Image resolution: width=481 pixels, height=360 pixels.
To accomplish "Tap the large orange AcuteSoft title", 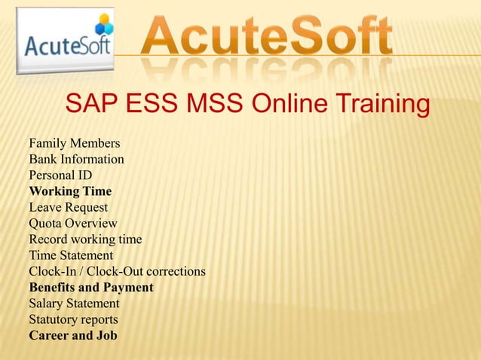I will [268, 33].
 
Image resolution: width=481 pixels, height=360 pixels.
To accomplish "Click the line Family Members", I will [74, 143].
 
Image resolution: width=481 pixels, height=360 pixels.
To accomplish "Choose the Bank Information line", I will [76, 159].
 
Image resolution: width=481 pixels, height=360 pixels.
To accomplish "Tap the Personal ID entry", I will [60, 175].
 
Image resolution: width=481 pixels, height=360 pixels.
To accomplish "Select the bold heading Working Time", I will [70, 191].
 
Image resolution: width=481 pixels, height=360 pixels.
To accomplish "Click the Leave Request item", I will [69, 207].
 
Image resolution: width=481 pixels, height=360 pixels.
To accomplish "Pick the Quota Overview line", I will [73, 223].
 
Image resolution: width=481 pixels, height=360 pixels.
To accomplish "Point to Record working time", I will [85, 239].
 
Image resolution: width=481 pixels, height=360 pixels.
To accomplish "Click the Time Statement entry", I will [71, 255].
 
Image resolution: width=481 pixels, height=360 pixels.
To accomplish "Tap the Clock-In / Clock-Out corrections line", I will [117, 271].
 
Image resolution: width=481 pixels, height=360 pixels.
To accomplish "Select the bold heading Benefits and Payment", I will [91, 288].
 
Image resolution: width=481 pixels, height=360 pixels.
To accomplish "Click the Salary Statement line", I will [74, 304].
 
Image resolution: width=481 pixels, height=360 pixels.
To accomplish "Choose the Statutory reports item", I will [73, 319].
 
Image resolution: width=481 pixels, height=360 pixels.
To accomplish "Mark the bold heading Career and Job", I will [73, 336].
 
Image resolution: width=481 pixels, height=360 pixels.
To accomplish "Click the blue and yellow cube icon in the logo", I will [103, 24].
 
